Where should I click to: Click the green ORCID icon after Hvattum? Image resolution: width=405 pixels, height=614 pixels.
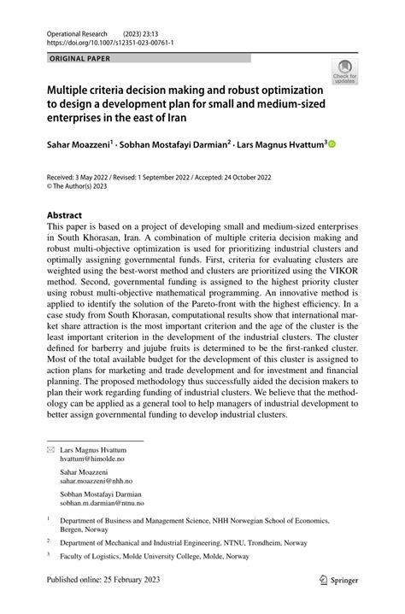[332, 144]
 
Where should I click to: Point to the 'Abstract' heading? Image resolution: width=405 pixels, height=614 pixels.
[64, 214]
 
